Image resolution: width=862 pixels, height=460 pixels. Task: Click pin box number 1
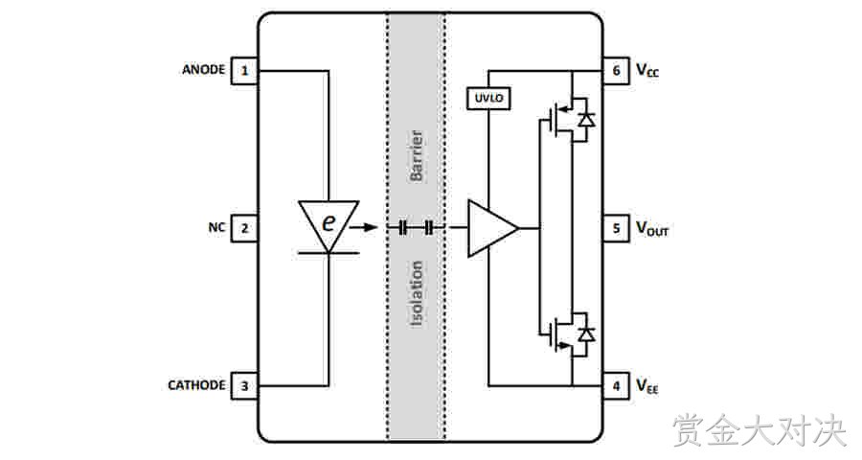(x=244, y=70)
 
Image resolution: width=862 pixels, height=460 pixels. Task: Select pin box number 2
(x=244, y=228)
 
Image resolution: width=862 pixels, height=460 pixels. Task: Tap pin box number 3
(x=244, y=385)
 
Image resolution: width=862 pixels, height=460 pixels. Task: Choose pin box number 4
(x=616, y=385)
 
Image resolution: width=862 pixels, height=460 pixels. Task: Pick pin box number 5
(x=616, y=228)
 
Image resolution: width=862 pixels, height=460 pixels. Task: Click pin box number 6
(x=616, y=70)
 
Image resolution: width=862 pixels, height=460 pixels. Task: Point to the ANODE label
(x=203, y=70)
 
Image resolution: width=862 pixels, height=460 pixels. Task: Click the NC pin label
(x=216, y=227)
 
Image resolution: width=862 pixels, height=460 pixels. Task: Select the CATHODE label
(x=196, y=385)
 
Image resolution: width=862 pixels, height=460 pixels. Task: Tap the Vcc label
(x=647, y=70)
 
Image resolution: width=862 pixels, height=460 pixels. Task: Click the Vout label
(x=652, y=228)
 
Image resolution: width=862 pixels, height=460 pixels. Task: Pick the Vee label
(x=647, y=385)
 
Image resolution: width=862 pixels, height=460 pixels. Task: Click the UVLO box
(x=488, y=99)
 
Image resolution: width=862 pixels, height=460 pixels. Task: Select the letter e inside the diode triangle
(x=329, y=222)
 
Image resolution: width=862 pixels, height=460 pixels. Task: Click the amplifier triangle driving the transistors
(x=492, y=228)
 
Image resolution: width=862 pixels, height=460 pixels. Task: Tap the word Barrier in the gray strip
(x=417, y=155)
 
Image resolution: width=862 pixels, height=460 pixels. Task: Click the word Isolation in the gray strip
(x=417, y=294)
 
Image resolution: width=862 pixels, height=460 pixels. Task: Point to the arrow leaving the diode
(x=363, y=227)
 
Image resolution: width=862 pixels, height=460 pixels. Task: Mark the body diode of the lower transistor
(x=587, y=334)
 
